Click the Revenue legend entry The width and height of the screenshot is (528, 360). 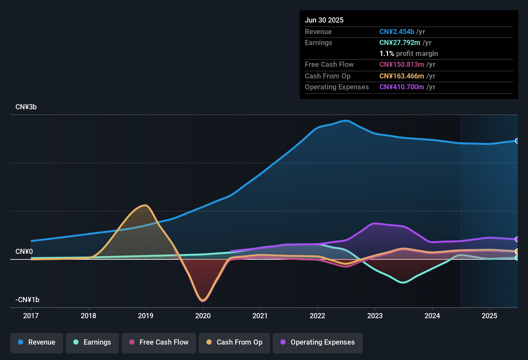[37, 342]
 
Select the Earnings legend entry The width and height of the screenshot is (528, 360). [92, 342]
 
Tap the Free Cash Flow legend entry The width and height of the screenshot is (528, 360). [159, 342]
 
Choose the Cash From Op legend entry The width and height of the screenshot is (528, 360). [234, 342]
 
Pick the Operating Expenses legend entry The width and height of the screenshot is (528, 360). [318, 342]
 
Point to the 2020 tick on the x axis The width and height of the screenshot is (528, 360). [203, 316]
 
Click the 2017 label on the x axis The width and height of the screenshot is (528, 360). [31, 316]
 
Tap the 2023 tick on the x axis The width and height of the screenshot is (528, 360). [375, 316]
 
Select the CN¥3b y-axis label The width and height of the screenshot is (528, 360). [26, 107]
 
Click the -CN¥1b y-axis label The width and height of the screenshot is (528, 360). [27, 300]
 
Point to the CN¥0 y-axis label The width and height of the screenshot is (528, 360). [24, 252]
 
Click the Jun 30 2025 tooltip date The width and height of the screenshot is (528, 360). [324, 20]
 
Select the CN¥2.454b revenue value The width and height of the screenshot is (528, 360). [396, 32]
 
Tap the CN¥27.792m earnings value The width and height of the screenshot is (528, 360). [400, 43]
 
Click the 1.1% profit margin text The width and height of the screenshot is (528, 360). [409, 54]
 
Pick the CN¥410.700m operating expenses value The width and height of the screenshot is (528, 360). [402, 87]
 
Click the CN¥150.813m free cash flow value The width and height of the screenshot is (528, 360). [402, 65]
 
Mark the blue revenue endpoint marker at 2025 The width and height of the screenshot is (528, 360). [517, 141]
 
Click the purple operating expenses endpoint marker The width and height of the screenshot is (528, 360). [517, 239]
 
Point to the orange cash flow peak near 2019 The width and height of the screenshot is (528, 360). [145, 205]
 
